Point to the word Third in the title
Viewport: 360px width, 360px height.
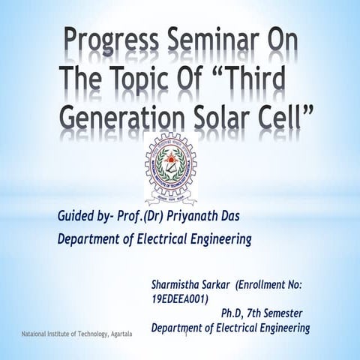pos(254,79)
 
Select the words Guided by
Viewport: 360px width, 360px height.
pos(82,217)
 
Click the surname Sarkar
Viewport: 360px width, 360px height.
pos(230,285)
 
